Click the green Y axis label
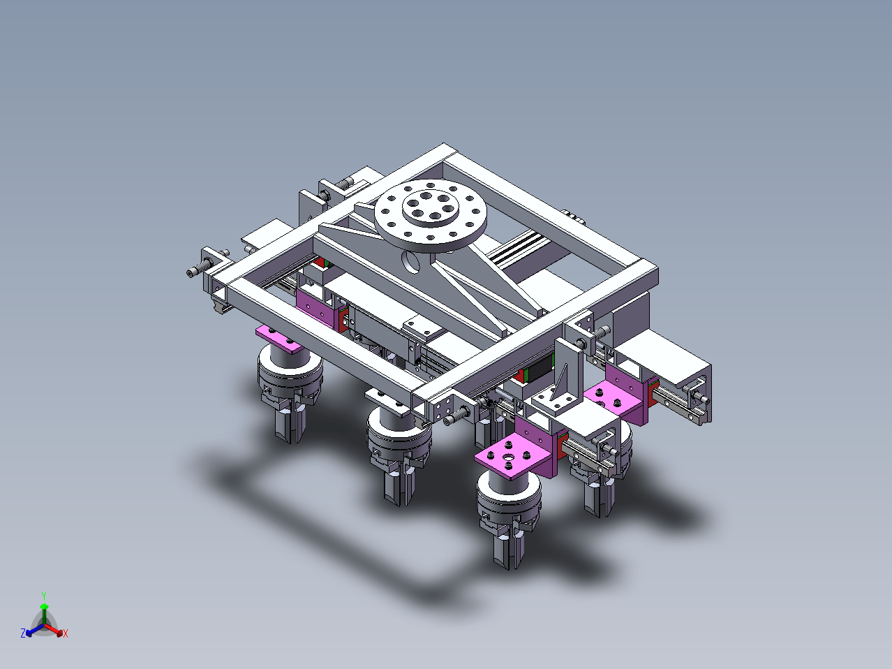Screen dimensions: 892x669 coord(44,596)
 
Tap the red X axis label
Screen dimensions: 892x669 coord(66,633)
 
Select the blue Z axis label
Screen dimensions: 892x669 coord(23,633)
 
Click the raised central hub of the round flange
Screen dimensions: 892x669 coord(431,207)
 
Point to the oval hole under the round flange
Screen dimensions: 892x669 coord(410,262)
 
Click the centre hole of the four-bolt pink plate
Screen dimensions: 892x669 coord(508,457)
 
